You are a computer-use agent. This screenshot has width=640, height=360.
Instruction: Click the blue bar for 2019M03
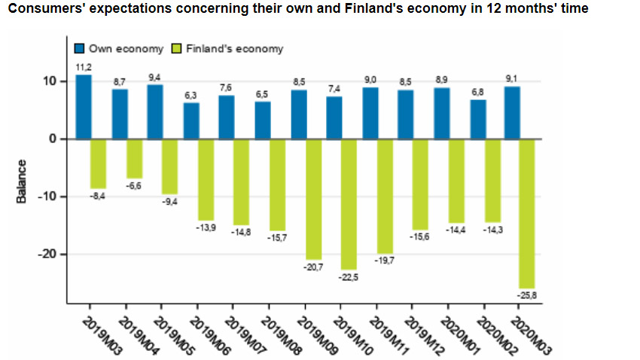pos(84,107)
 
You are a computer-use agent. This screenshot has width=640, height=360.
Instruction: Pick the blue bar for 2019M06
pos(191,121)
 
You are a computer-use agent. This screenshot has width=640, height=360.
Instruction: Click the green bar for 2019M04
pos(135,158)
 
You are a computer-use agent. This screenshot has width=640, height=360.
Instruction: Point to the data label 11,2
pos(84,68)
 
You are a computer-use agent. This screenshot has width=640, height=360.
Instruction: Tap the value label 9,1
pos(513,80)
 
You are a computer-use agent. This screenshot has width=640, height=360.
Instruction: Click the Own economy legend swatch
pos(80,49)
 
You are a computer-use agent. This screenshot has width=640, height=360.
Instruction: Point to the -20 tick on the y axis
pos(48,255)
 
